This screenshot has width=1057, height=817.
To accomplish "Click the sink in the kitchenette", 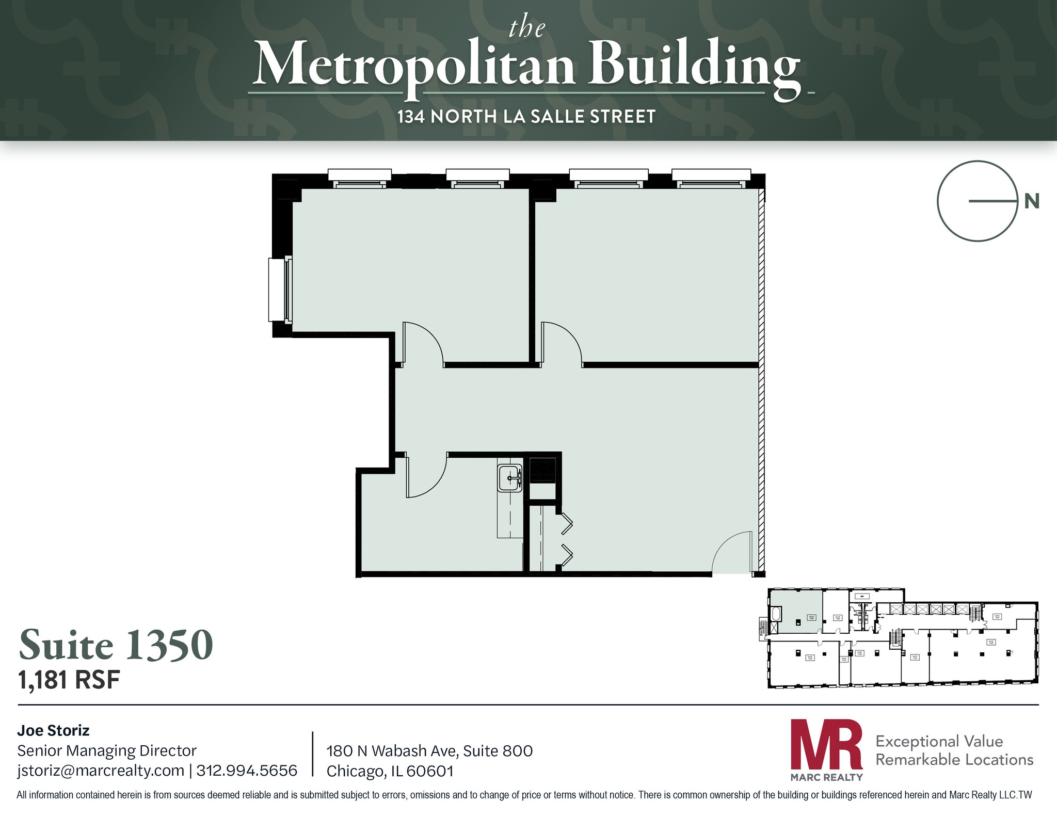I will (510, 478).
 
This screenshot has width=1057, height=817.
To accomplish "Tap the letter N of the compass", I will (1031, 201).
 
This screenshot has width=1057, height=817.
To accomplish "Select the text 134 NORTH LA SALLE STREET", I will (526, 117).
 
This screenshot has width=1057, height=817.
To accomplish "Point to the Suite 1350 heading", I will (116, 645).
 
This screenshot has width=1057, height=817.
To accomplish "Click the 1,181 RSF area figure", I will (69, 680).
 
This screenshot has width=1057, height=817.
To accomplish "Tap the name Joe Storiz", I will (53, 730).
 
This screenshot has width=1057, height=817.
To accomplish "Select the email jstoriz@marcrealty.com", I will (101, 771).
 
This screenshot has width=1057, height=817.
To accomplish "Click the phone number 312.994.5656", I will (247, 771).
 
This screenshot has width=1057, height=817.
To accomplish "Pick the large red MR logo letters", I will (826, 745).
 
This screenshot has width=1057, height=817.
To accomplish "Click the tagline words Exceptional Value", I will (939, 741).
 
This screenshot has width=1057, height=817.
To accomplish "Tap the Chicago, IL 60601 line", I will (390, 771).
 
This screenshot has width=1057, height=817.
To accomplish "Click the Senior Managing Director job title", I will (107, 750).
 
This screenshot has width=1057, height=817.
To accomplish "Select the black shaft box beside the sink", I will (542, 469).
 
